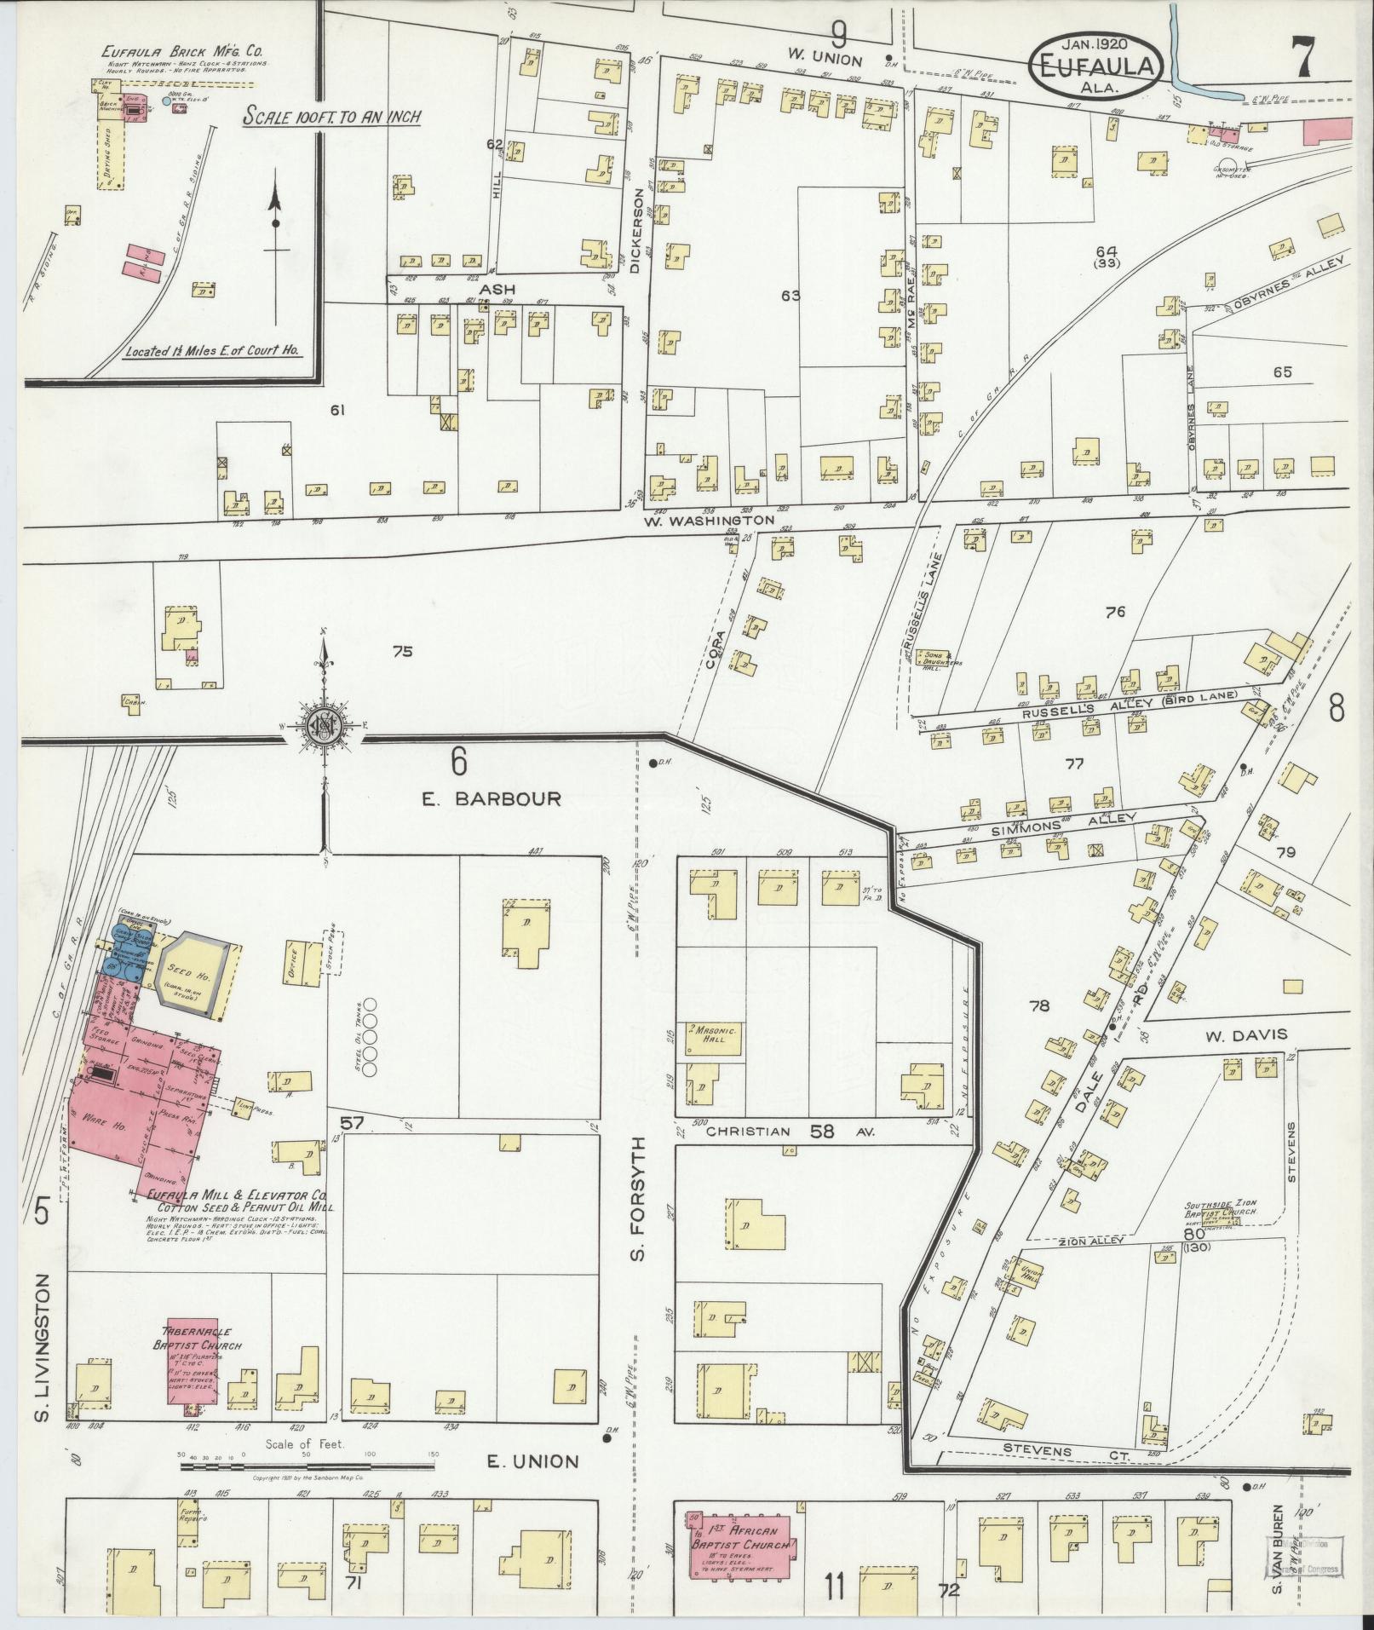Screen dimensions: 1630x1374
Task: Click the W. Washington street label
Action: coord(709,520)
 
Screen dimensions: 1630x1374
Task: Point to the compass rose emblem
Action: coord(324,725)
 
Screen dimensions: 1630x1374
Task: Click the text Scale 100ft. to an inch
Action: coord(331,117)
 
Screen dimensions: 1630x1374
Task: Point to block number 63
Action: coord(790,296)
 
